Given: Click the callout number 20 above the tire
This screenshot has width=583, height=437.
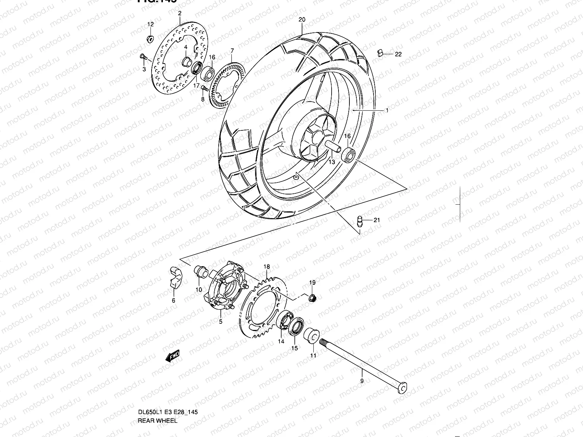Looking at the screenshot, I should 301,20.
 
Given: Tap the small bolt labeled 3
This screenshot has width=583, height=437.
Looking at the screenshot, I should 142,57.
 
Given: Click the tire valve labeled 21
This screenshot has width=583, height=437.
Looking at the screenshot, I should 359,221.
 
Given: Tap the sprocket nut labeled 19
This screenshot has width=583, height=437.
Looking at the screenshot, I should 312,298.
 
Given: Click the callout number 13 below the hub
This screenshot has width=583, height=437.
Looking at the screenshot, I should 332,162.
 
